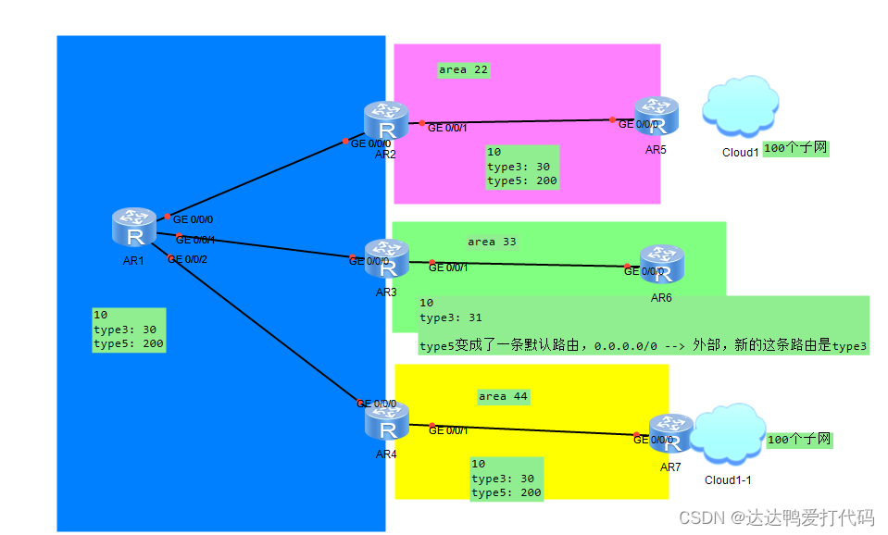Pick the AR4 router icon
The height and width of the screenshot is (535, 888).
click(387, 422)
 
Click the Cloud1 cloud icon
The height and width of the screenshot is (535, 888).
click(739, 107)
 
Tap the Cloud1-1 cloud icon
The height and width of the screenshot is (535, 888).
click(728, 436)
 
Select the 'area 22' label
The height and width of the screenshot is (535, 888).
click(463, 69)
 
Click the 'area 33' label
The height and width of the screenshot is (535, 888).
click(492, 242)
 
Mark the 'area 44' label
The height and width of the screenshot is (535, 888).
click(503, 396)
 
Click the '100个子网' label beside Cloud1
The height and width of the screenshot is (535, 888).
click(795, 148)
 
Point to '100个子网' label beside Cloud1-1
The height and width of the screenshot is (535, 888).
click(799, 440)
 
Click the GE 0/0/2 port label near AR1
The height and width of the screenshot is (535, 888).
click(187, 259)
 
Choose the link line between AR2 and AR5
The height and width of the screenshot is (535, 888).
click(519, 121)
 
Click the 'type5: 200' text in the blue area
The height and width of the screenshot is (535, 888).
click(129, 344)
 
